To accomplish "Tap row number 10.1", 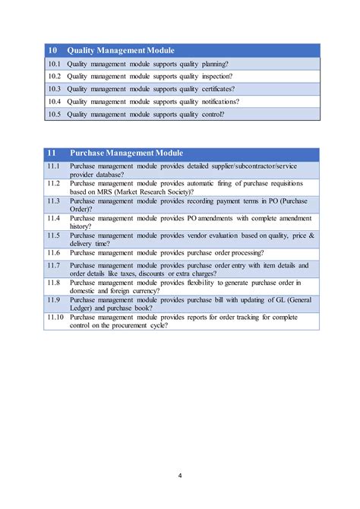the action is pyautogui.click(x=54, y=63).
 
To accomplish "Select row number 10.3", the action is pyautogui.click(x=54, y=88).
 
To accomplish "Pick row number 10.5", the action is pyautogui.click(x=54, y=115).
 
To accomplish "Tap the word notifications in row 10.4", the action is pyautogui.click(x=219, y=101).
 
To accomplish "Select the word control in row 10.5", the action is pyautogui.click(x=210, y=115).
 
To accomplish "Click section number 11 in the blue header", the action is pyautogui.click(x=52, y=153).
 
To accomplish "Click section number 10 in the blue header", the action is pyautogui.click(x=52, y=50).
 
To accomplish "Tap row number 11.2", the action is pyautogui.click(x=53, y=183).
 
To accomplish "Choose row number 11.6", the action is pyautogui.click(x=53, y=252).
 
